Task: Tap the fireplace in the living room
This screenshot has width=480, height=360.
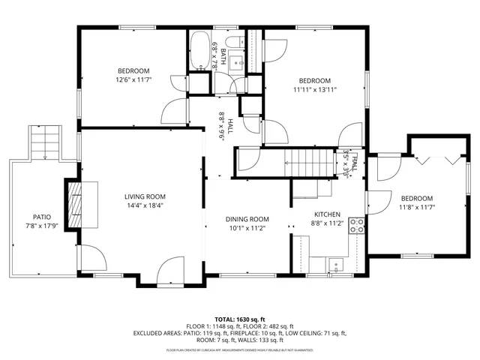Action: pos(77,203)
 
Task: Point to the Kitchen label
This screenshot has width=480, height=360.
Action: pos(327,214)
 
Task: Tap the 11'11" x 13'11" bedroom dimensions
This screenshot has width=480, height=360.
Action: pos(315,89)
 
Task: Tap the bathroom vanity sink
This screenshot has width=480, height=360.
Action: pos(233,59)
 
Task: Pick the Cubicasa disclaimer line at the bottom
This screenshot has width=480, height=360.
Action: pos(239,350)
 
